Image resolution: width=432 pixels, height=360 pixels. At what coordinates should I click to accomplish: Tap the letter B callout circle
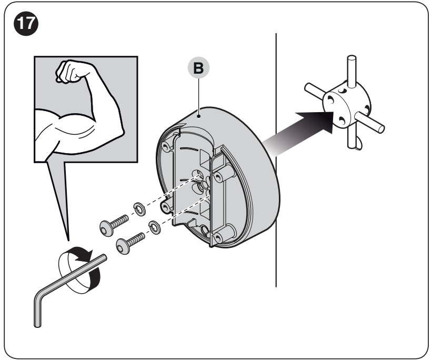198,68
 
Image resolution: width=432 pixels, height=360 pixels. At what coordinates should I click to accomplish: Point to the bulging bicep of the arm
74,124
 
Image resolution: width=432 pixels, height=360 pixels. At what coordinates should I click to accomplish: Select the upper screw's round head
107,228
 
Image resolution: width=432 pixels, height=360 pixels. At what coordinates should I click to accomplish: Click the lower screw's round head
123,247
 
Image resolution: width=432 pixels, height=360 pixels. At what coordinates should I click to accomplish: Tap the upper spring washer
139,209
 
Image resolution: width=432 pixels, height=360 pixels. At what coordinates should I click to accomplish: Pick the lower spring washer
155,228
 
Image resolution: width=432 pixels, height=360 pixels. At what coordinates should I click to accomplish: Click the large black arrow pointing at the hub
300,129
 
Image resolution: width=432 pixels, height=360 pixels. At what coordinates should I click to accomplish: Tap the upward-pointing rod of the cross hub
351,71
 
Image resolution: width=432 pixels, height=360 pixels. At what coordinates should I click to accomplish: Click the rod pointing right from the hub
370,122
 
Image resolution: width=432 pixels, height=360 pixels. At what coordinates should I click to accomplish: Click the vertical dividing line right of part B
276,160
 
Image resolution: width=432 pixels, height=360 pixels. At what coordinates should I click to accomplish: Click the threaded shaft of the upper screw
120,222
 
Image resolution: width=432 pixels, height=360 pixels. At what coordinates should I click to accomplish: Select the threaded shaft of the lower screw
136,239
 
